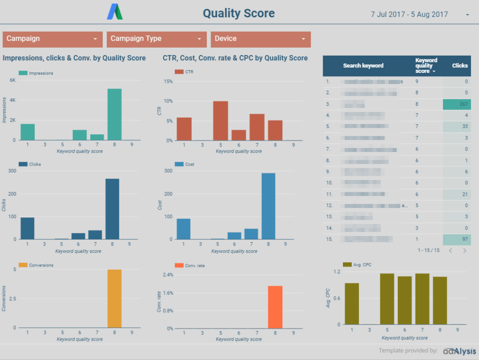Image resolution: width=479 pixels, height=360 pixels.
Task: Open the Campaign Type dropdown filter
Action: click(156, 39)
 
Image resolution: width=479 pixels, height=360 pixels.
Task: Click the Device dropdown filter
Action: click(261, 39)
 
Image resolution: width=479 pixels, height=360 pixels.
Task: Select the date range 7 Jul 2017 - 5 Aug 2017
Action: click(409, 14)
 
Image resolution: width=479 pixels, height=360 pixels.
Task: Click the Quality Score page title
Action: click(239, 14)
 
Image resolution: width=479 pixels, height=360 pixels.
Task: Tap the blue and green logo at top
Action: click(115, 12)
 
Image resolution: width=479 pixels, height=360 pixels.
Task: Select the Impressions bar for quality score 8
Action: click(114, 115)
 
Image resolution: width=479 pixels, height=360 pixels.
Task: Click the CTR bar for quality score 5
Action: click(220, 121)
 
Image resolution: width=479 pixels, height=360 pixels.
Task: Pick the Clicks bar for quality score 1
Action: click(28, 228)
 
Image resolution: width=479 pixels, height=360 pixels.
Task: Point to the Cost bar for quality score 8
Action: click(268, 206)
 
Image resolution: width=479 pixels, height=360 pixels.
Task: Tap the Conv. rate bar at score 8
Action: click(275, 307)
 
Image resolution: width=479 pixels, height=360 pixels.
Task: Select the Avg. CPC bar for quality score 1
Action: click(352, 303)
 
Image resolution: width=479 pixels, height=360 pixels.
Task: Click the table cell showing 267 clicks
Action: click(457, 104)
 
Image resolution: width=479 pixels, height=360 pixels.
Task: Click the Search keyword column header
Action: click(363, 65)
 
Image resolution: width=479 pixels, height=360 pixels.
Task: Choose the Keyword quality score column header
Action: click(426, 65)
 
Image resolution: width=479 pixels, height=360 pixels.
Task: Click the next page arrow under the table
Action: click(464, 251)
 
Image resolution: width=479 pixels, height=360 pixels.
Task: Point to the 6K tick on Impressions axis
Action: click(13, 80)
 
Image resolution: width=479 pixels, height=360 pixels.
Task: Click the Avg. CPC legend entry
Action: click(358, 265)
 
